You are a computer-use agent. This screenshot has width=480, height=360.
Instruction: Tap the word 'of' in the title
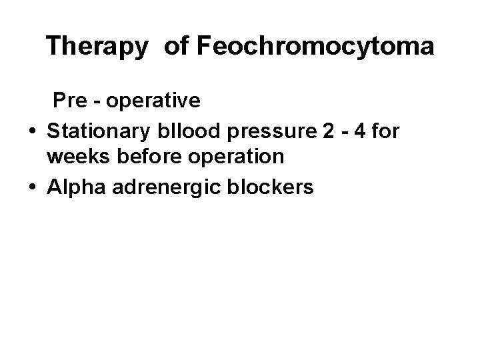[x=175, y=47]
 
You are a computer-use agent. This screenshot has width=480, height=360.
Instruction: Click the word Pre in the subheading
[x=73, y=101]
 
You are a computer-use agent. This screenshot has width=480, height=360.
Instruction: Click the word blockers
[x=271, y=188]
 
